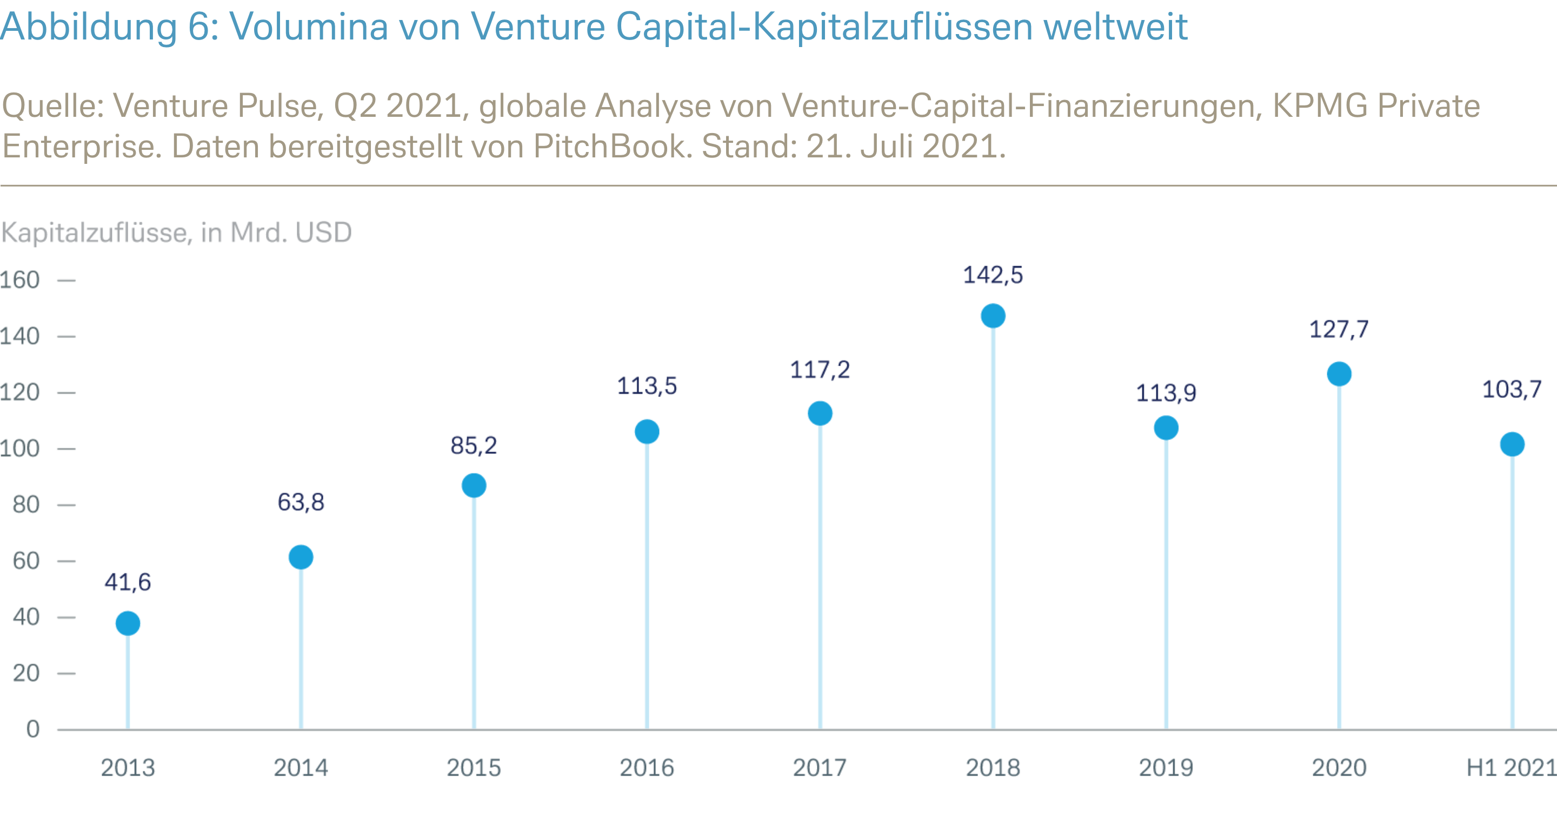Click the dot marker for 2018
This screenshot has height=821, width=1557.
[993, 316]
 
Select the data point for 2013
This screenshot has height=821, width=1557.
[128, 623]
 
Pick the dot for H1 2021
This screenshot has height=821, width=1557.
[1512, 445]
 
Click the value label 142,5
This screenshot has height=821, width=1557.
[993, 275]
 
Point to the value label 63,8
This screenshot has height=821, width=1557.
[301, 502]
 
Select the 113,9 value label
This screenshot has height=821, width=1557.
[1166, 393]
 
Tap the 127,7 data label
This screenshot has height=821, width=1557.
[1339, 329]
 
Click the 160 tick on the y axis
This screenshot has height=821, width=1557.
[20, 280]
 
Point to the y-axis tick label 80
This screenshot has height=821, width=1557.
[26, 504]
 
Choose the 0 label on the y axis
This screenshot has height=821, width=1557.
[32, 729]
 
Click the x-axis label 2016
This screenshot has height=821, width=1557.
[647, 768]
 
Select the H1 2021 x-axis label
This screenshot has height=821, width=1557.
[1511, 768]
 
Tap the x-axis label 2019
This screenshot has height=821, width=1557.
[1166, 768]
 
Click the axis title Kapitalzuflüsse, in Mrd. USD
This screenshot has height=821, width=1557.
[176, 233]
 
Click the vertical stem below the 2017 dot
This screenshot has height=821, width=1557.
[820, 574]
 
